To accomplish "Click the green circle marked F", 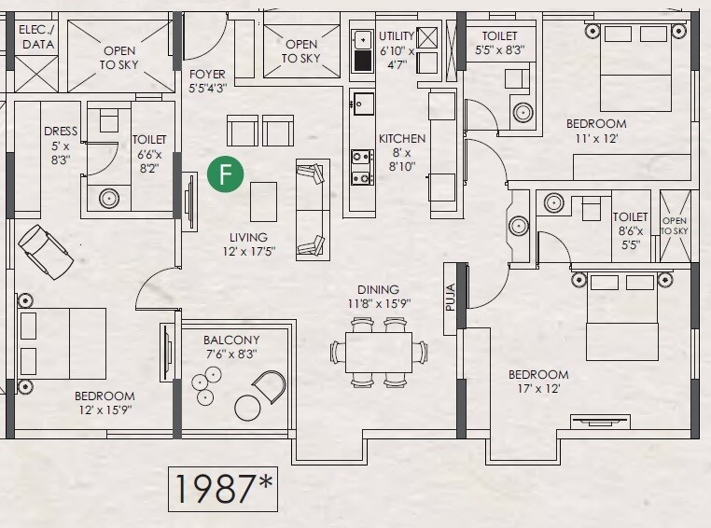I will [x=225, y=174].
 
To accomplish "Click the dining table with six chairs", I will [x=379, y=352].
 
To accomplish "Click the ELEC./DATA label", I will [x=36, y=36].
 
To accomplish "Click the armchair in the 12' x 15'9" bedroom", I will [x=45, y=249].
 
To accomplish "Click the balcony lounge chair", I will [x=269, y=385].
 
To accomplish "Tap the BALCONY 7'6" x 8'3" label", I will [x=231, y=346].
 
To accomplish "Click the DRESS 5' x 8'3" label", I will [x=62, y=145].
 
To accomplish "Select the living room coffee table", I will [x=263, y=201].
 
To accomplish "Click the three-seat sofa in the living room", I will [x=312, y=210].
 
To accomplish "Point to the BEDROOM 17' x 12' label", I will [x=538, y=382].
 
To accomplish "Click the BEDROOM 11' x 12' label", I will [x=596, y=130].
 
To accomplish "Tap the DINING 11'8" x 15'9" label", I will [x=378, y=297].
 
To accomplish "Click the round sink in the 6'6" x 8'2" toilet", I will [x=109, y=198].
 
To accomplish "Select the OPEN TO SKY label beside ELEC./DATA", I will [x=119, y=58].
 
